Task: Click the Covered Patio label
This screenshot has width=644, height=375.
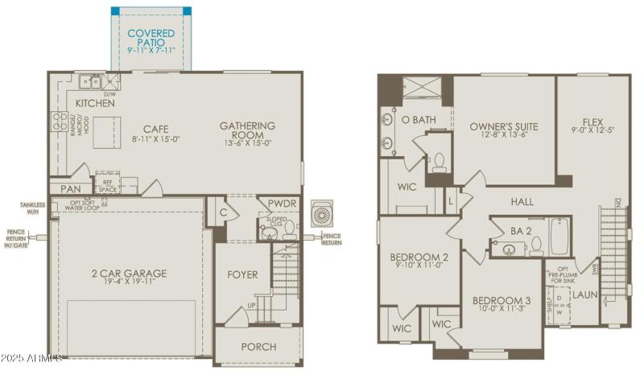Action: [x=151, y=37]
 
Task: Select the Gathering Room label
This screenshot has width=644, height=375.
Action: [x=246, y=126]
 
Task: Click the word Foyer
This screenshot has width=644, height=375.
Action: [x=242, y=274]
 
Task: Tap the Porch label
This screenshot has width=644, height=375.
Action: [x=258, y=347]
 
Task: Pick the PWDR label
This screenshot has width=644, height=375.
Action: [x=283, y=204]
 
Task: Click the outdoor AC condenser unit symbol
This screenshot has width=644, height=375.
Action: [x=322, y=213]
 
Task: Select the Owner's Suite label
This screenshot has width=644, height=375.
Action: [x=504, y=126]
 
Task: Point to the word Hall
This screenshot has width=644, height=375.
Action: [x=523, y=201]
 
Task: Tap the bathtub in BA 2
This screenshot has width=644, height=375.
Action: [x=559, y=237]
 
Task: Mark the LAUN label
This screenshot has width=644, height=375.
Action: [x=584, y=295]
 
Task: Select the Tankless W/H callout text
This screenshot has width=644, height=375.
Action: [x=33, y=208]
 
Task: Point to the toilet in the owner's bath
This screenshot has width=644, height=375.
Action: [x=440, y=163]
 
